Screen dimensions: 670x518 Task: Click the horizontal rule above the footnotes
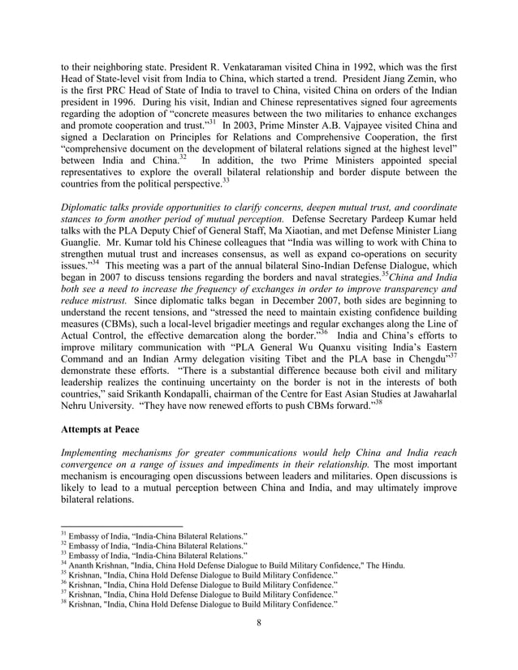coord(122,526)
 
